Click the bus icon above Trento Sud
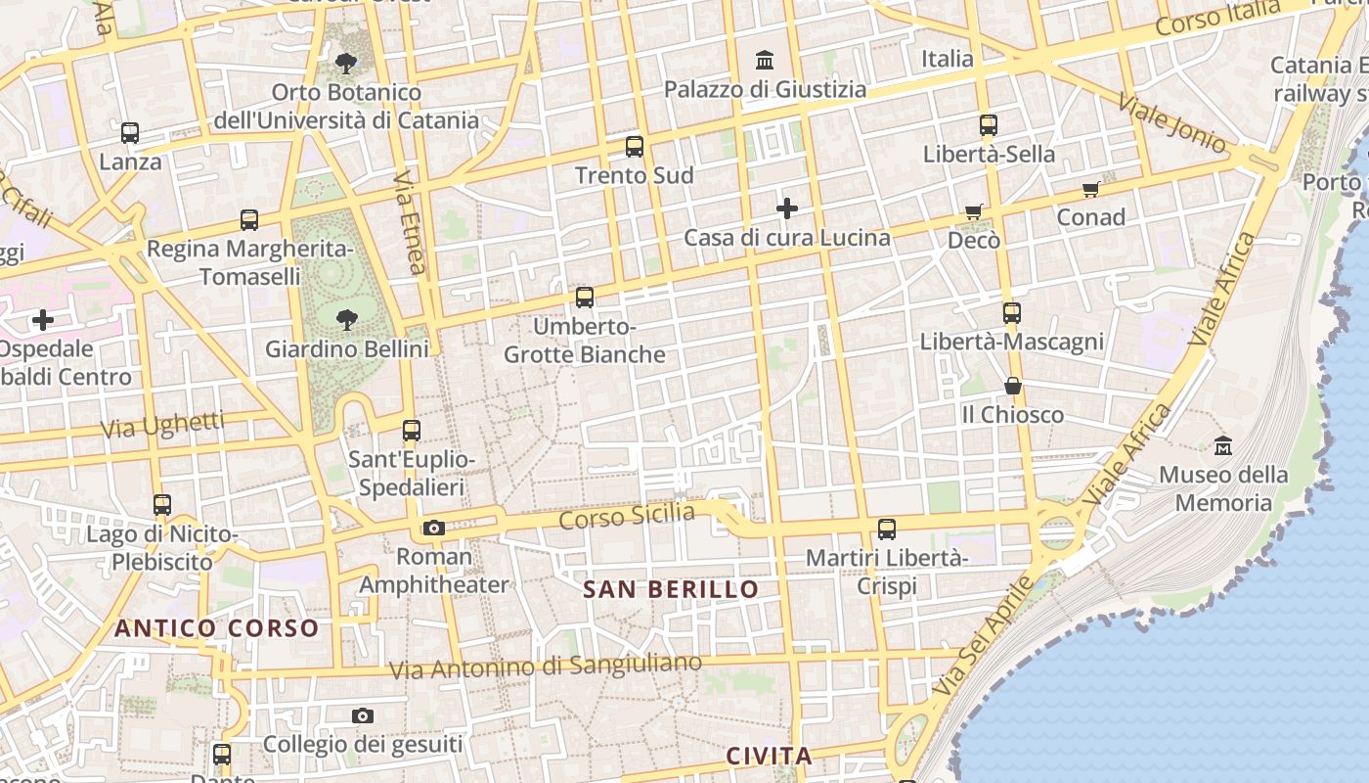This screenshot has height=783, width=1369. click(x=635, y=147)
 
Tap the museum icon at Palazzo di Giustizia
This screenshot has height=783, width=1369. click(x=765, y=61)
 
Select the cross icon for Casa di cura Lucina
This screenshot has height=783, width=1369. click(x=787, y=208)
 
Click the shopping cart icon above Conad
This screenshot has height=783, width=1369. click(x=1091, y=189)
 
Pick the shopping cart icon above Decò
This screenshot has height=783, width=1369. click(x=974, y=211)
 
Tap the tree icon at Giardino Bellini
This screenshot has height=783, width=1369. click(x=346, y=319)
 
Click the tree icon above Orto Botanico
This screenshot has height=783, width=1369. click(x=345, y=64)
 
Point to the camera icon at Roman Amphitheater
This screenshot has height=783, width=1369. click(x=434, y=529)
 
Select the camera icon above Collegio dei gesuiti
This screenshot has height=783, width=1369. click(x=363, y=716)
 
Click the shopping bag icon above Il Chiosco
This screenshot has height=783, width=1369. click(x=1013, y=386)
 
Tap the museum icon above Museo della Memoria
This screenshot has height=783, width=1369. click(x=1222, y=446)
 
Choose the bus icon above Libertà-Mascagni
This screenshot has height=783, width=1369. click(x=1012, y=313)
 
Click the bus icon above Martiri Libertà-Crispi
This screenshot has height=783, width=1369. click(x=887, y=530)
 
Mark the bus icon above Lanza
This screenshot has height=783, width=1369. click(x=130, y=133)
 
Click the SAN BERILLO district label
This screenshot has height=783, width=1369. click(x=671, y=589)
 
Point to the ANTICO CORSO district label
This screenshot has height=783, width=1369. click(x=217, y=628)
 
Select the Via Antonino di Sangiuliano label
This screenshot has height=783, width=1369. click(x=546, y=667)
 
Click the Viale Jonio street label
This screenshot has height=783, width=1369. click(x=1171, y=124)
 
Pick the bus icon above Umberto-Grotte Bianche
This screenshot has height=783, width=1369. click(x=585, y=297)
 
